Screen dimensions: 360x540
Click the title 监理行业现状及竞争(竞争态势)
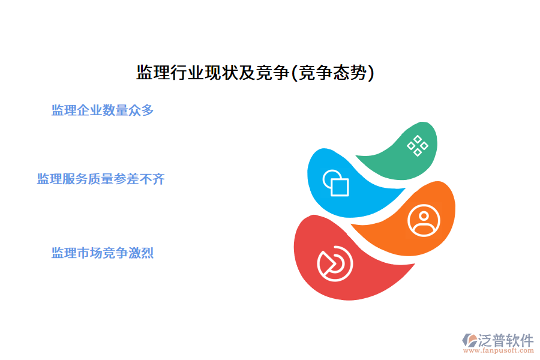pyautogui.click(x=256, y=73)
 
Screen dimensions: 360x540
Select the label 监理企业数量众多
pyautogui.click(x=103, y=110)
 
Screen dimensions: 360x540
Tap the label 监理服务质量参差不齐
pyautogui.click(x=101, y=179)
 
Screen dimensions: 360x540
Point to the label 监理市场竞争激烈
pyautogui.click(x=103, y=253)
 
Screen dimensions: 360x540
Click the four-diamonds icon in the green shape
pyautogui.click(x=418, y=145)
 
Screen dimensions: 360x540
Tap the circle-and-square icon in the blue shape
pyautogui.click(x=336, y=183)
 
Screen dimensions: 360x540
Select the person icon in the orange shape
pyautogui.click(x=424, y=220)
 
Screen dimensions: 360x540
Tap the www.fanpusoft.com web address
pyautogui.click(x=501, y=352)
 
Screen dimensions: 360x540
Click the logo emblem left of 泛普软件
pyautogui.click(x=468, y=340)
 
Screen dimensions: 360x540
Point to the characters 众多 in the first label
pyautogui.click(x=142, y=110)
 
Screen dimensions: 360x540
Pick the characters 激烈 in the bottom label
pyautogui.click(x=142, y=253)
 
